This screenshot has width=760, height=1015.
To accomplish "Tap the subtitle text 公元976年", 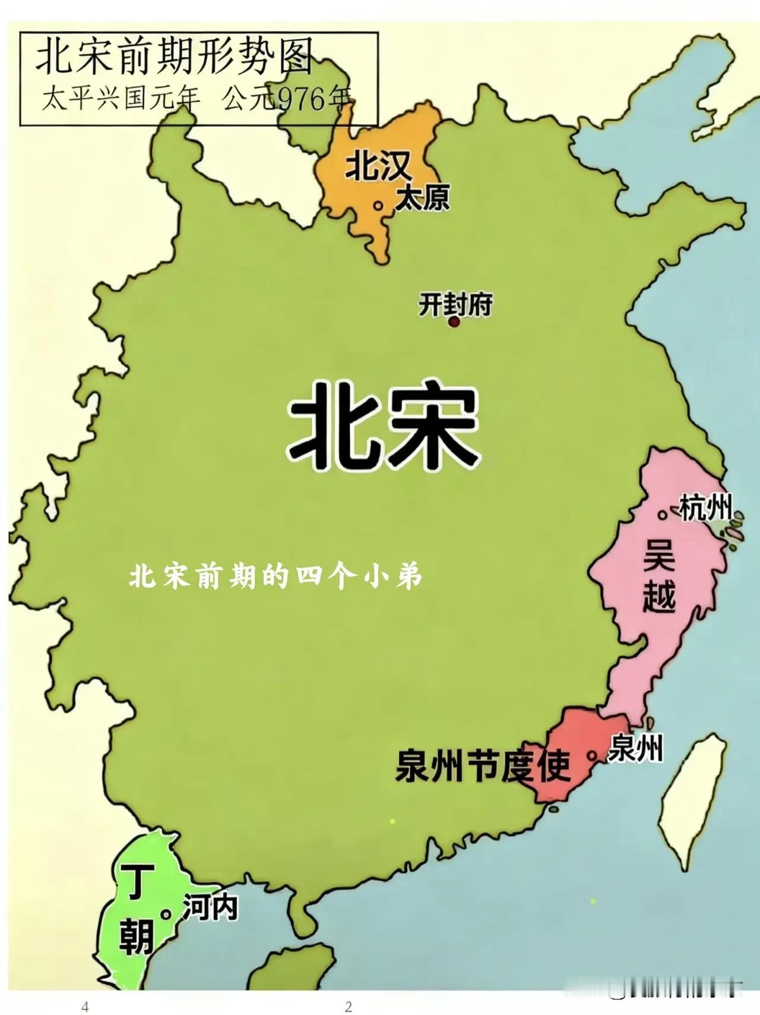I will point(287,99).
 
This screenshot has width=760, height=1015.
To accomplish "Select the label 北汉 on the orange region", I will point(378,166).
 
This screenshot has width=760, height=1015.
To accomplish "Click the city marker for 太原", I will point(378,206).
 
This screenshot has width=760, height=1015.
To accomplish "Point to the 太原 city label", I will point(422,197).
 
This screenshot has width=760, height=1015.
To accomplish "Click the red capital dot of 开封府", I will point(454,322).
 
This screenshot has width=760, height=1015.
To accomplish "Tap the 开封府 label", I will point(455,305).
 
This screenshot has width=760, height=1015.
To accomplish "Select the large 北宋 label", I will point(382,425).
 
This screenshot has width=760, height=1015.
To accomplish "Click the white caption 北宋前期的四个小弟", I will point(275,576).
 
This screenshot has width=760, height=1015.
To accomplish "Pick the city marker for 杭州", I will point(661,515).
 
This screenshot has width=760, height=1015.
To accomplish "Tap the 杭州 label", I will point(704,509).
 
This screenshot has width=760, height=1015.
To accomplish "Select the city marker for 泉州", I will point(591,755).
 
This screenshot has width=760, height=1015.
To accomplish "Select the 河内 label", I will point(210,907).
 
